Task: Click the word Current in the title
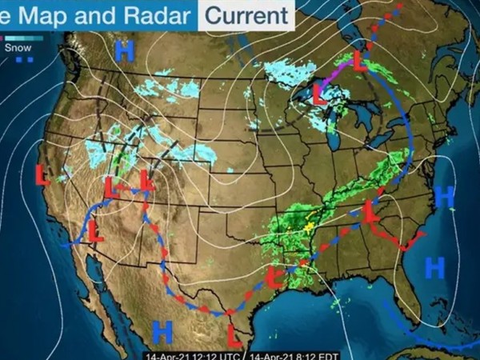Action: pyautogui.click(x=246, y=14)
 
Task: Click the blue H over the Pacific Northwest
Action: pyautogui.click(x=124, y=51)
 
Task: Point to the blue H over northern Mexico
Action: pyautogui.click(x=162, y=329)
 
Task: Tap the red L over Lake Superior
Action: pyautogui.click(x=318, y=97)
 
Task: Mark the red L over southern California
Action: pyautogui.click(x=94, y=233)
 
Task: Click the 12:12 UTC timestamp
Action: pyautogui.click(x=194, y=354)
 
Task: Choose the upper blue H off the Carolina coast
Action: pyautogui.click(x=445, y=196)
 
